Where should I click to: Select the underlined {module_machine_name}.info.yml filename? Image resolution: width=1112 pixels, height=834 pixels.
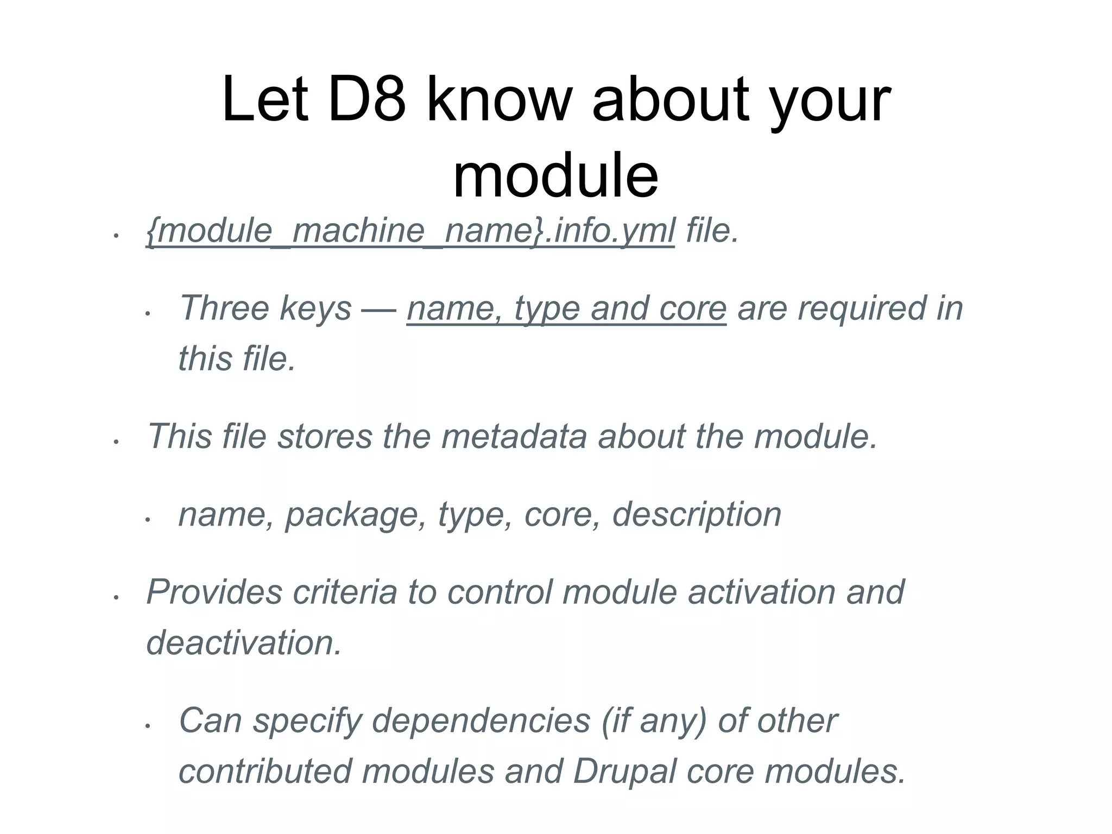click(x=410, y=231)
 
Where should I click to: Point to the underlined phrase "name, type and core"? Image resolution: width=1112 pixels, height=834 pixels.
click(x=566, y=308)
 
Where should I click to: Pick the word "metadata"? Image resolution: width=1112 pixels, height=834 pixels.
click(x=514, y=437)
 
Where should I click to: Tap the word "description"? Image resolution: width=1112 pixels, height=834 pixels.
click(x=697, y=514)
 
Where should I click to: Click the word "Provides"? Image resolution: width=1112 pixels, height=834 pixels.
click(x=214, y=592)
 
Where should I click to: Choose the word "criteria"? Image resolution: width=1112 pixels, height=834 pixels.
click(x=345, y=592)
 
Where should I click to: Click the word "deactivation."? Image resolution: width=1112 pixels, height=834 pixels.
click(x=244, y=643)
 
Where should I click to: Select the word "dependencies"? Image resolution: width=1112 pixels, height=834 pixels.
click(x=482, y=721)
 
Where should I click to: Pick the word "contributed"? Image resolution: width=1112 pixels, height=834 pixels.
click(x=265, y=772)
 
